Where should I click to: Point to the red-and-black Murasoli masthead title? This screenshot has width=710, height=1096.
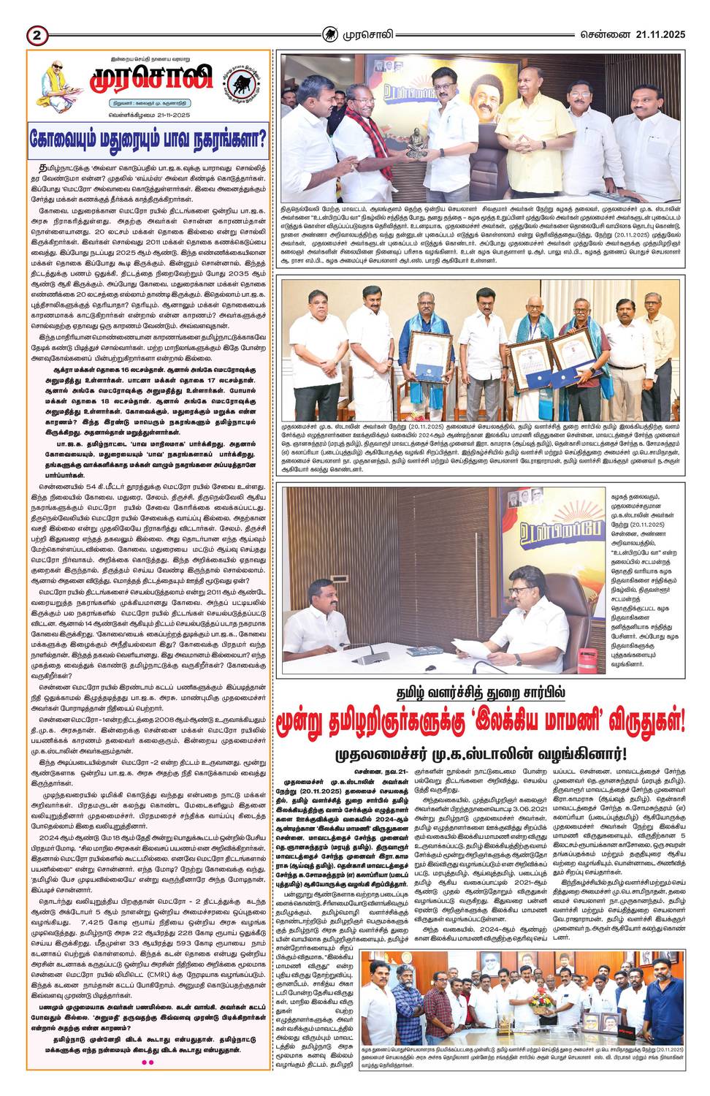point(151,82)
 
